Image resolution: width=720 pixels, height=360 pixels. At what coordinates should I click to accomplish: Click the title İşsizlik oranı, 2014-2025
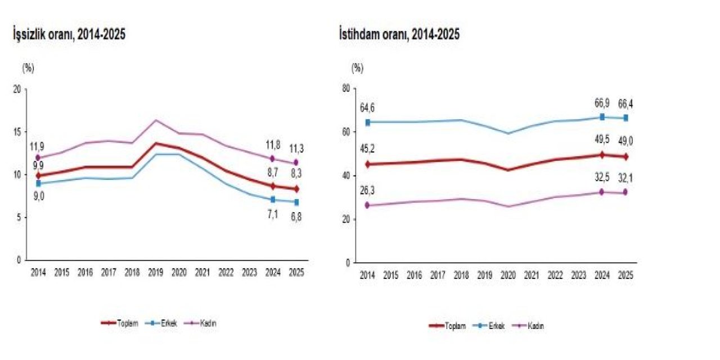[69, 34]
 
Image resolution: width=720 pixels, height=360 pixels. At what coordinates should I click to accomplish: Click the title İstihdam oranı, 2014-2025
[399, 34]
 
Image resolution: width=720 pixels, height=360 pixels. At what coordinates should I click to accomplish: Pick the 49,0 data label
[625, 141]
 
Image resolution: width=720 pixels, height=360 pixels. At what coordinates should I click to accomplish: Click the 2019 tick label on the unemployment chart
[155, 273]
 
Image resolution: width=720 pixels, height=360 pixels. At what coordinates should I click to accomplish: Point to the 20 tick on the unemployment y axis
[16, 89]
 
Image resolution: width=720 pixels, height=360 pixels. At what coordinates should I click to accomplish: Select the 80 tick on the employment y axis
[346, 88]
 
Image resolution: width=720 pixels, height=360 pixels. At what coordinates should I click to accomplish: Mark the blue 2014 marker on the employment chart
[368, 122]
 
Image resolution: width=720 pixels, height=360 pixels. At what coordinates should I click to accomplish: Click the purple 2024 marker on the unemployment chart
[272, 159]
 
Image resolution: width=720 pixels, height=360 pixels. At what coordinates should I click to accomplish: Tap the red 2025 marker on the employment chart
[625, 156]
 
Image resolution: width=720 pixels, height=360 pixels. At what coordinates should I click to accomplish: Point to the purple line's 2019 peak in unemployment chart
[155, 120]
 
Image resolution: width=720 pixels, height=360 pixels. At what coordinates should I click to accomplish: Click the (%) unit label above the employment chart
[357, 68]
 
